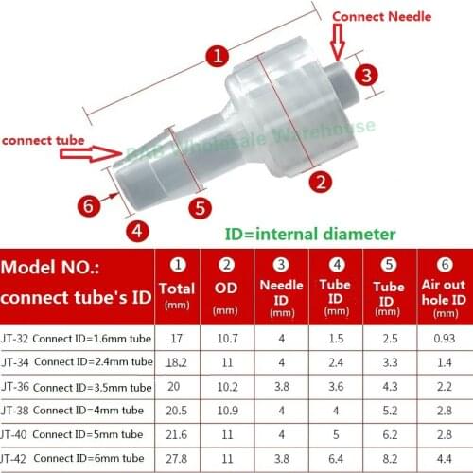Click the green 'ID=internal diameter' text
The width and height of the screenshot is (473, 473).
click(x=309, y=234)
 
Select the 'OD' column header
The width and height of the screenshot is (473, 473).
click(x=226, y=288)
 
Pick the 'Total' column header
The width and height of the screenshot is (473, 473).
click(x=178, y=288)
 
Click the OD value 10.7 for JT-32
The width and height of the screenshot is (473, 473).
click(x=226, y=337)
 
